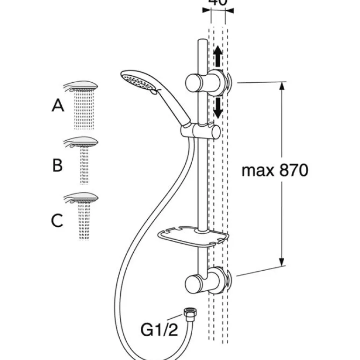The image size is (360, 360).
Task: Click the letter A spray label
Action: point(58,106)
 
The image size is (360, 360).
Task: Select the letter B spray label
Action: point(58,165)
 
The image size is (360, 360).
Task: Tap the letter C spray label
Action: point(57,220)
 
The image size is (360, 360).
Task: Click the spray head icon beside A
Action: point(81,88)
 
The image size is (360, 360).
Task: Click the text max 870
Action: point(275,170)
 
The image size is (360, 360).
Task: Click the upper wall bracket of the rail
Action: point(206,83)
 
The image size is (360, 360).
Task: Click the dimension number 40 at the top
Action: point(218,2)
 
